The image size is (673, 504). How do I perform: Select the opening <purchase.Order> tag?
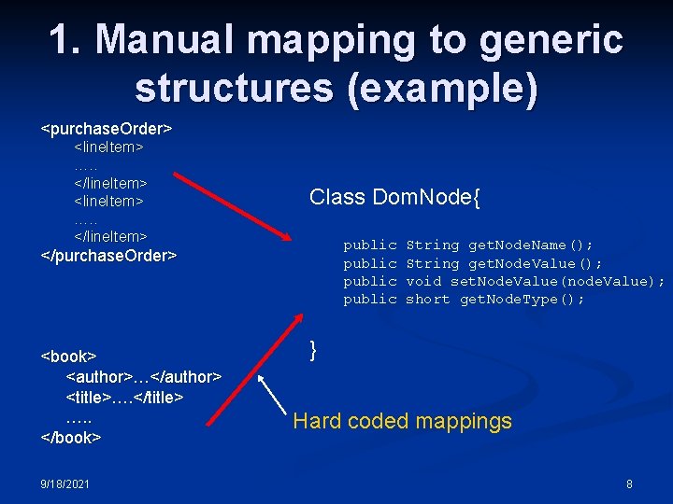point(107,125)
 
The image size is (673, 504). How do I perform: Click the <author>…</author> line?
point(143,376)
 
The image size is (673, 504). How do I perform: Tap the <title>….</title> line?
point(124,397)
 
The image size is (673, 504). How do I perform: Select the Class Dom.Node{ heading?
point(394,197)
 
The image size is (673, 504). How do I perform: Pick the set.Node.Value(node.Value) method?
point(557,281)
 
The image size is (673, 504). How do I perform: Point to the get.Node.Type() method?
point(522,299)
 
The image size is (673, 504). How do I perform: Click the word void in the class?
point(423,281)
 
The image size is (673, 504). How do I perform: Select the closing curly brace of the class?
point(314,350)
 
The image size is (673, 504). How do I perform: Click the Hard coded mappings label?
point(402,421)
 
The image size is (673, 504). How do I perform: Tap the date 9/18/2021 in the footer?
point(64,484)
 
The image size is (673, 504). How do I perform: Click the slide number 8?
point(629,484)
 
